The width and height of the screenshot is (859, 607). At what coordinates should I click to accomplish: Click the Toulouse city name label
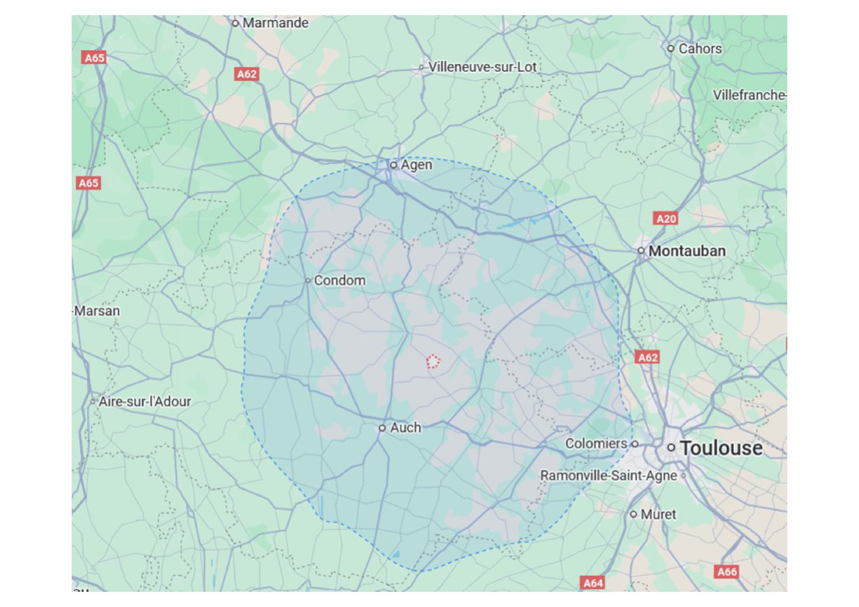[721, 448]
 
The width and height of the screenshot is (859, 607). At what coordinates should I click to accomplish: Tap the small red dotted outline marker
[433, 361]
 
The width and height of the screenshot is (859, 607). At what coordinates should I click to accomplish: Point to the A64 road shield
[593, 583]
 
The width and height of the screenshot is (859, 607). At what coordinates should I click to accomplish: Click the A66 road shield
[727, 572]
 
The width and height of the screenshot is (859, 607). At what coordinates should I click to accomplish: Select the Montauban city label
[687, 251]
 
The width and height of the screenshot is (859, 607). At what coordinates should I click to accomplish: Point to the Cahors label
[700, 49]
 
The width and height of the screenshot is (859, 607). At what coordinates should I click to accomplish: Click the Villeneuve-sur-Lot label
[482, 67]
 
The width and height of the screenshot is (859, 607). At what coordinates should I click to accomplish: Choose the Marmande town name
[275, 23]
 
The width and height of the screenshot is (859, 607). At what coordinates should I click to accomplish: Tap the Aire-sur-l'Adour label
[145, 402]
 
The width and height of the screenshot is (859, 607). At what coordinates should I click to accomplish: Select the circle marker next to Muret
[633, 514]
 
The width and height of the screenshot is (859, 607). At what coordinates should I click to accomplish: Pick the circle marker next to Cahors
[671, 48]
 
